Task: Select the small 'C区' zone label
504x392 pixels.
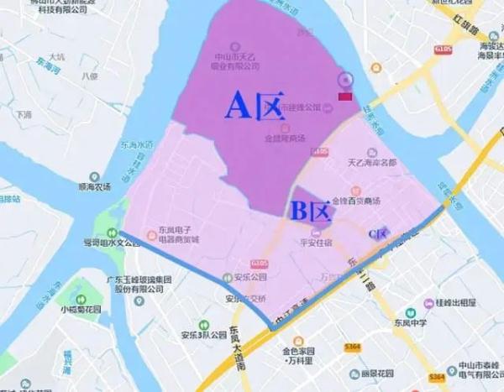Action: (376, 232)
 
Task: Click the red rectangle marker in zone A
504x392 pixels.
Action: (344, 97)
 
